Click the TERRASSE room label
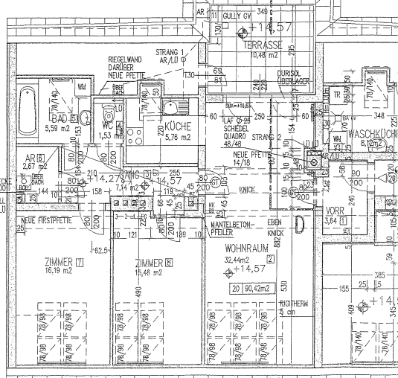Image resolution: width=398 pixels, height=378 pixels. pos(262,45)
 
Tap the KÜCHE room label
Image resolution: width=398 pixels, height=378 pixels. pos(179,126)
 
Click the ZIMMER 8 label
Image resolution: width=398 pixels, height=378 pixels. pos(154,263)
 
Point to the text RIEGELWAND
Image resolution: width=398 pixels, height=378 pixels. pos(125,58)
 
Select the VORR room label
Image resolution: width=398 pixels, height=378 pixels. pos(336,211)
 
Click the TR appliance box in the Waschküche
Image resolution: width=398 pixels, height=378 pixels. pos(338,96)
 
